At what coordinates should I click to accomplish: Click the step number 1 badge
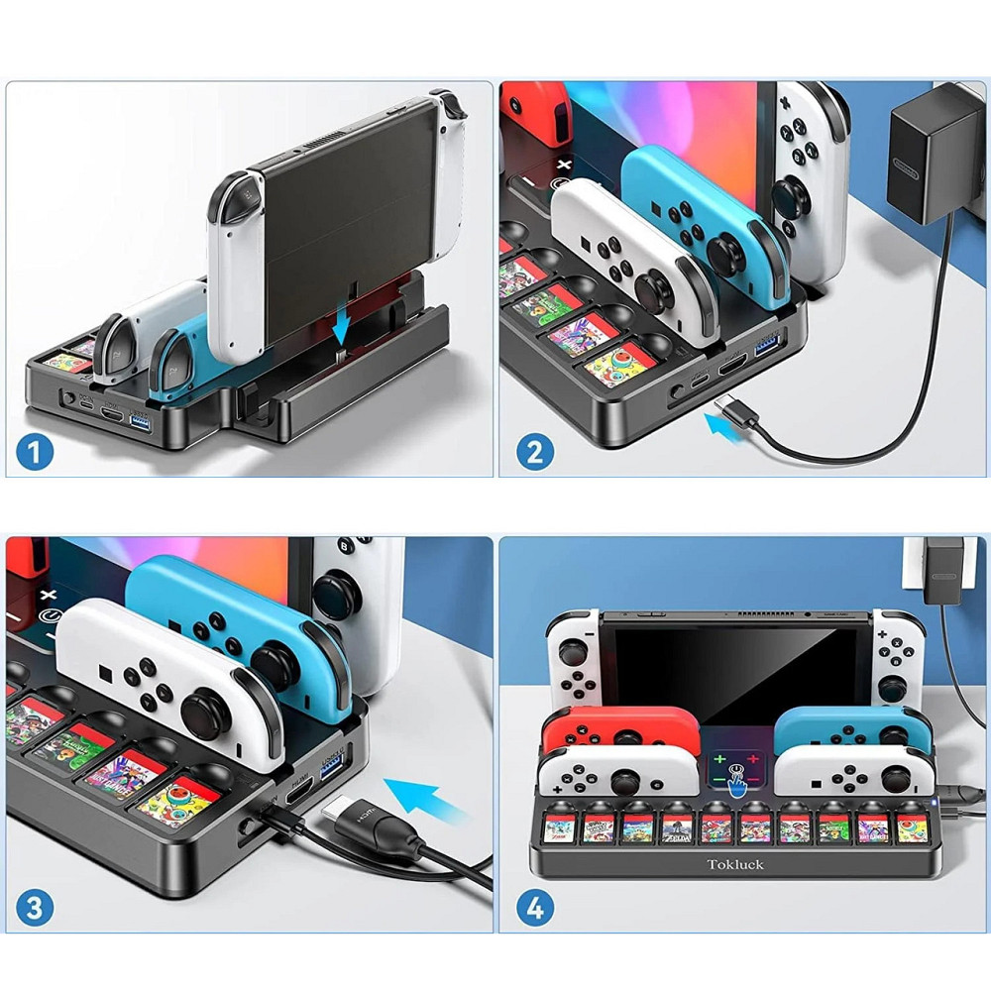37,454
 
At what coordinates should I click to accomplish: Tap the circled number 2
534,454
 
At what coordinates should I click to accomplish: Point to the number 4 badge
534,909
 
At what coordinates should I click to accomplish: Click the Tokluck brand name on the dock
734,863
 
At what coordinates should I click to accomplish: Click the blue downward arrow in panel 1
340,323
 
